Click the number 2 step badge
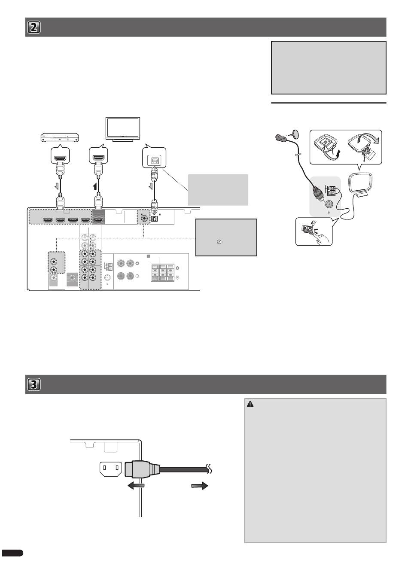pyautogui.click(x=34, y=27)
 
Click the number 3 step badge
pyautogui.click(x=34, y=385)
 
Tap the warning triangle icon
pyautogui.click(x=251, y=404)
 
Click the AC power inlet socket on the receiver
pyautogui.click(x=111, y=469)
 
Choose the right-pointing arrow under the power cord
pyautogui.click(x=199, y=486)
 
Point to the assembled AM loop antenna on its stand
pyautogui.click(x=359, y=185)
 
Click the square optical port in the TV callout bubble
pyautogui.click(x=153, y=160)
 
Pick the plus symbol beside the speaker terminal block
pyautogui.click(x=177, y=268)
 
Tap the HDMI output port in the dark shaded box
pyautogui.click(x=98, y=220)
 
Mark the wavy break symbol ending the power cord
pyautogui.click(x=210, y=469)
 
